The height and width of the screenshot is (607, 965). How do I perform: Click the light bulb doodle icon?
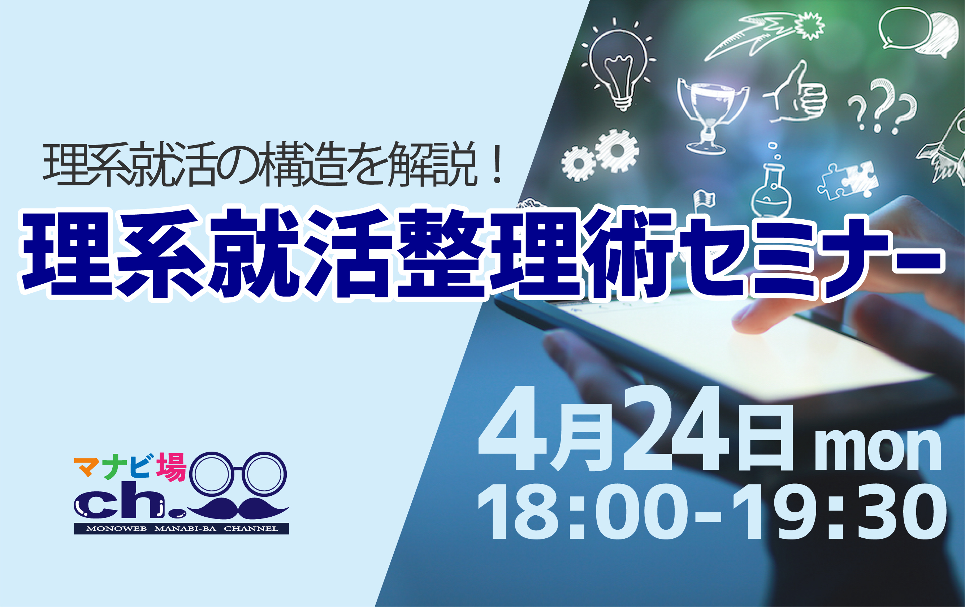click(x=619, y=64)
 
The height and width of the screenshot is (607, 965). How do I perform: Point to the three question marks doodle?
click(x=882, y=106)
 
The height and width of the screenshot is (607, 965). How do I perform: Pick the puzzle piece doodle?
click(x=848, y=180)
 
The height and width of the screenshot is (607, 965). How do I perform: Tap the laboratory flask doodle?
click(x=771, y=182)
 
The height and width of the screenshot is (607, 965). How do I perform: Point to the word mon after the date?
click(x=878, y=450)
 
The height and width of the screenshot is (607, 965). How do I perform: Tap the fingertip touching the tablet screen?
click(x=741, y=323)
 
